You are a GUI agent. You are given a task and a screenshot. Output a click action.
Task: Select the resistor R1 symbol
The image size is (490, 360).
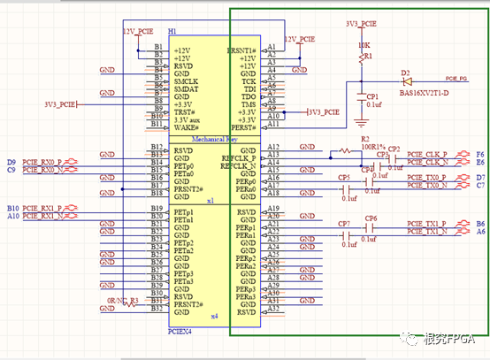pyautogui.click(x=361, y=58)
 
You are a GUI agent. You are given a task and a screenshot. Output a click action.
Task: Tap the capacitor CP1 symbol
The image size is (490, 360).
pyautogui.click(x=361, y=96)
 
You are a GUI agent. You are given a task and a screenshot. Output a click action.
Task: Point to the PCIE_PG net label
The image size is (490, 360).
pyautogui.click(x=457, y=78)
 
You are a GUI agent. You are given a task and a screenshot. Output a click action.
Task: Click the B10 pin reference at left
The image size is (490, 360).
pyautogui.click(x=12, y=208)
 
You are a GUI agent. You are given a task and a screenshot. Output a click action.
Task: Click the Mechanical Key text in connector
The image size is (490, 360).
pyautogui.click(x=212, y=140)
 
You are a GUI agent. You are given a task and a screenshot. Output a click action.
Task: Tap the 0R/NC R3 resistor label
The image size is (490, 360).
pyautogui.click(x=122, y=302)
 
